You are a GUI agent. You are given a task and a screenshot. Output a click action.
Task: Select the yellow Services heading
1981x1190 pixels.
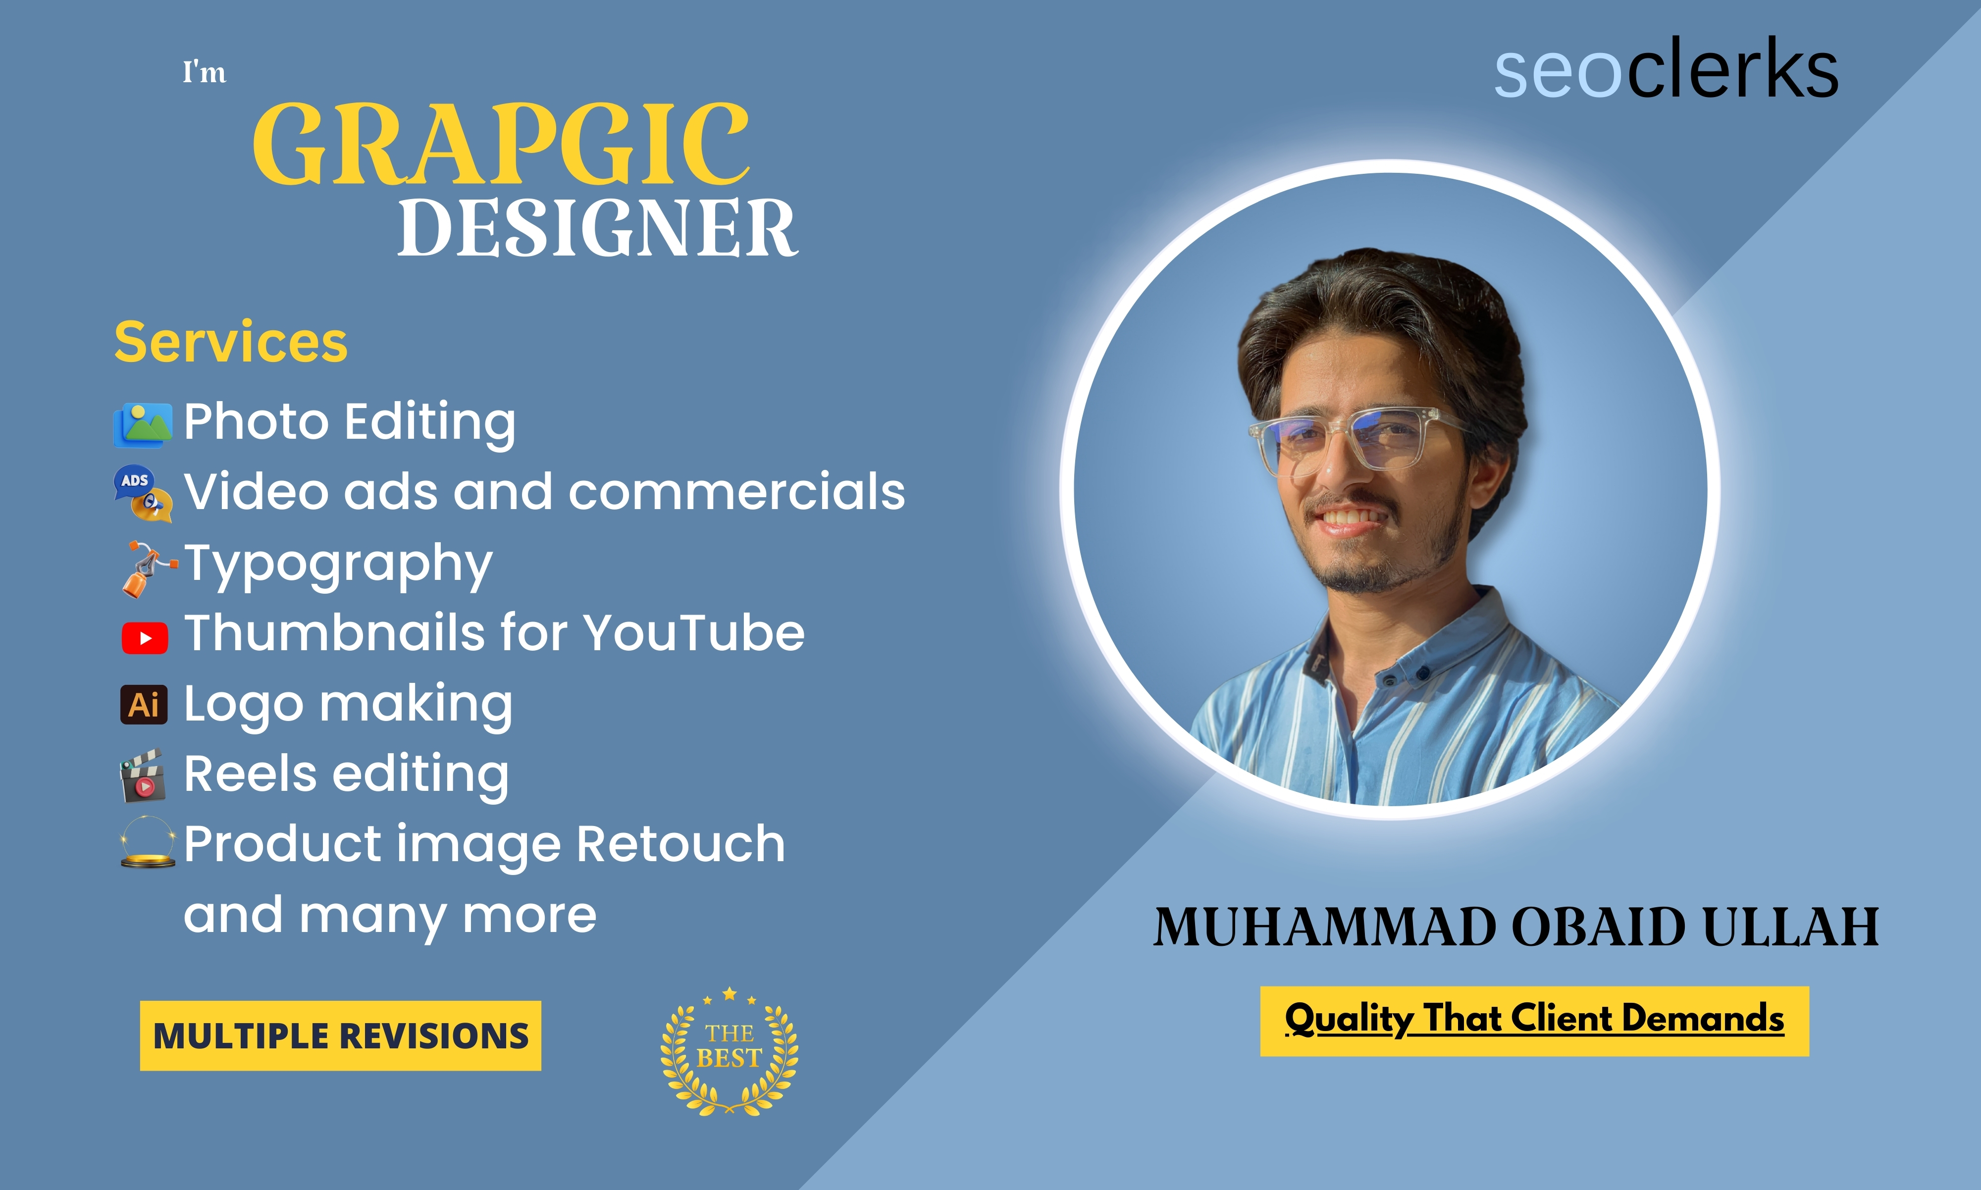coord(231,342)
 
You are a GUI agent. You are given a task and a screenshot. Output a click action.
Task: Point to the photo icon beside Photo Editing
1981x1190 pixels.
coord(143,425)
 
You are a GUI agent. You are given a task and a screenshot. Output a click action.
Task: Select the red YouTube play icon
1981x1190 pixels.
coord(145,638)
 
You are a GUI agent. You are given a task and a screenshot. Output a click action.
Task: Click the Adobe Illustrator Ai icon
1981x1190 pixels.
coord(144,705)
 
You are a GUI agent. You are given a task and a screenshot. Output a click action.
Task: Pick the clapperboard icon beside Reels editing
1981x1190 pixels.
coord(143,776)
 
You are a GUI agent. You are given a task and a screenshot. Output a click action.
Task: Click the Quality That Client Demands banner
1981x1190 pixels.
coord(1534,1021)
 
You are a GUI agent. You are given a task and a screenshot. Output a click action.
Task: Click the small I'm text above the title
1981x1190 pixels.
coord(204,72)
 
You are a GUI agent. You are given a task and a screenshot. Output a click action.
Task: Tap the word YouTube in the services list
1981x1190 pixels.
coord(693,633)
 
